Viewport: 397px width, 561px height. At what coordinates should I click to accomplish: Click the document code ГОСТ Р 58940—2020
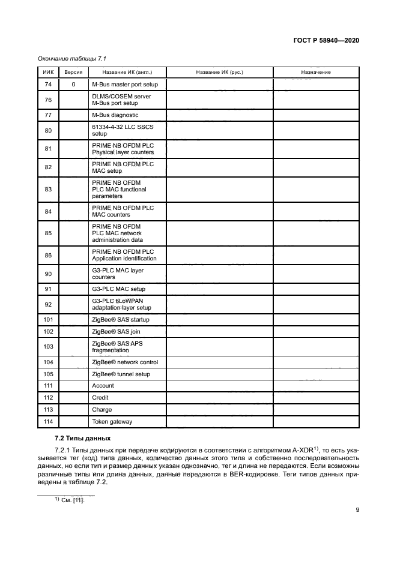pos(326,40)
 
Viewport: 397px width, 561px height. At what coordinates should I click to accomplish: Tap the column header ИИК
pos(48,72)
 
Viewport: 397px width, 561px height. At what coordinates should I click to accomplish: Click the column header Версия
pos(73,72)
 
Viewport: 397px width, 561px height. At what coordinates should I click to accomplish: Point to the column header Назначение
pos(315,72)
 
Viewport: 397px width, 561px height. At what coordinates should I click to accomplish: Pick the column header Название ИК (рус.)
pos(219,72)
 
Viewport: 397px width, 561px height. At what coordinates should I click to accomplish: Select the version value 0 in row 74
pos(73,85)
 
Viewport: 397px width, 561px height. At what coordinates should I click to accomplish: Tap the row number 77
pos(48,115)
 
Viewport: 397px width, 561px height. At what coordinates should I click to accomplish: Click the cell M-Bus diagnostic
pos(115,115)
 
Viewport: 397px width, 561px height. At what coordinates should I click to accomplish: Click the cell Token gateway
pos(112,422)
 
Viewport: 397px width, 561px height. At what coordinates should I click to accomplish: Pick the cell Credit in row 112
pos(100,398)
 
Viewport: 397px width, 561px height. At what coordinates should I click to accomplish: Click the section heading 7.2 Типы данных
pos(82,439)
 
